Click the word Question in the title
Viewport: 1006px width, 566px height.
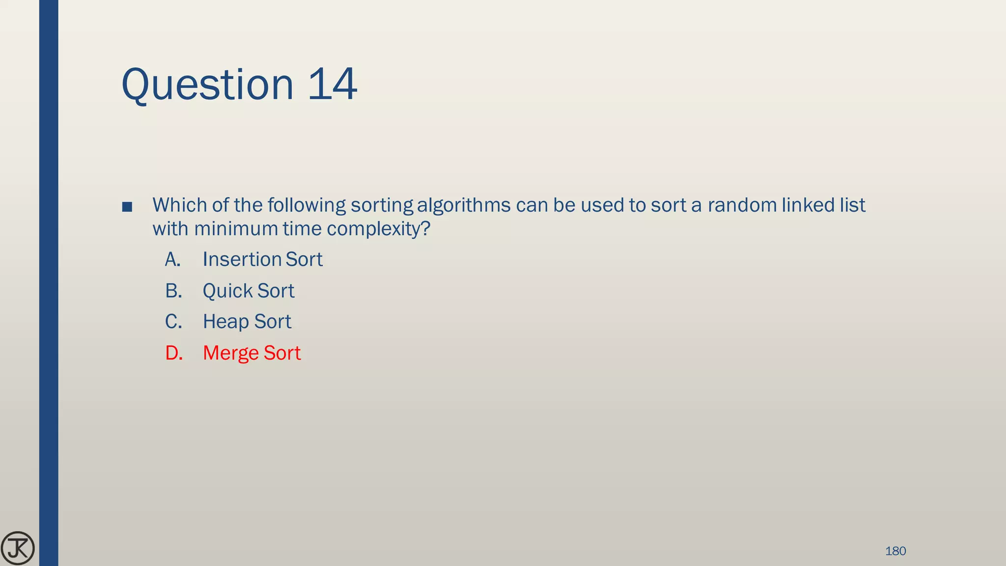pyautogui.click(x=207, y=85)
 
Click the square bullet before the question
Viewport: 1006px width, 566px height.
pyautogui.click(x=127, y=207)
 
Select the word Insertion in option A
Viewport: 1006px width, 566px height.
pyautogui.click(x=242, y=259)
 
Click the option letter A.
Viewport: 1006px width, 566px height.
pyautogui.click(x=172, y=259)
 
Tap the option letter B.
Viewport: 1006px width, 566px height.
pyautogui.click(x=173, y=291)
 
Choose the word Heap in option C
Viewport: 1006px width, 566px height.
pyautogui.click(x=226, y=322)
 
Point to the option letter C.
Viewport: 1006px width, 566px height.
pyautogui.click(x=173, y=322)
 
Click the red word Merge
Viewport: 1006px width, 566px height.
pyautogui.click(x=231, y=353)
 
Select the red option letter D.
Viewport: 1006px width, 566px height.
pyautogui.click(x=173, y=353)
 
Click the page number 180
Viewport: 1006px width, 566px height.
pyautogui.click(x=895, y=551)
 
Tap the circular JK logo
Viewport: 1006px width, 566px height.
pyautogui.click(x=18, y=548)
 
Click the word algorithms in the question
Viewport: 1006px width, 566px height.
pyautogui.click(x=464, y=205)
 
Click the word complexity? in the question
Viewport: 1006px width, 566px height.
pyautogui.click(x=378, y=229)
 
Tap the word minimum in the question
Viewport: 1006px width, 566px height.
pyautogui.click(x=236, y=229)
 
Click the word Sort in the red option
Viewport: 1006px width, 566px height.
pyautogui.click(x=282, y=353)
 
